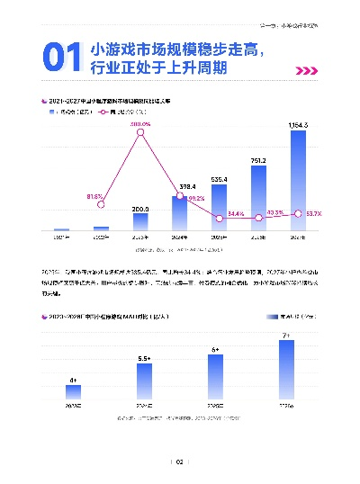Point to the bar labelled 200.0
[140, 223]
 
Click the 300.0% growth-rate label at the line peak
[140, 123]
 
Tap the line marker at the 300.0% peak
[140, 133]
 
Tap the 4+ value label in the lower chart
[72, 381]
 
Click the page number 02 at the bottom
[179, 462]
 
